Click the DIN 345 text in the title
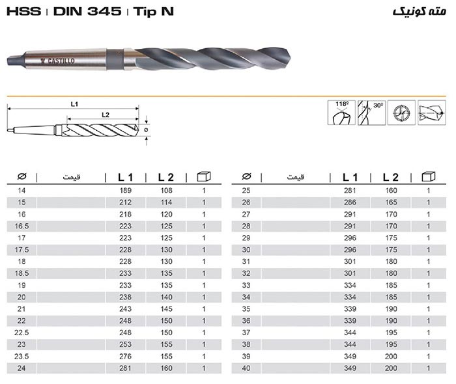(x=87, y=12)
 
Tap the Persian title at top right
(x=420, y=12)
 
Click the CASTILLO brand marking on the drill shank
(x=58, y=61)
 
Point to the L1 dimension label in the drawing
(x=74, y=104)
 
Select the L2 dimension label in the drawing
(x=106, y=115)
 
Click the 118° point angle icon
(x=341, y=113)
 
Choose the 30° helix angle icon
(x=372, y=113)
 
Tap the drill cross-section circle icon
(x=402, y=113)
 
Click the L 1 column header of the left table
(x=125, y=177)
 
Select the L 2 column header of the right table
(x=390, y=177)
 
